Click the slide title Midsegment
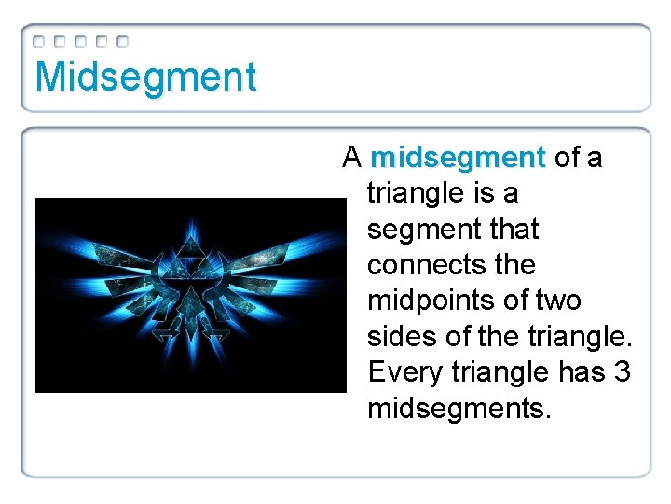coord(144,77)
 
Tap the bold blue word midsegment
coord(457,158)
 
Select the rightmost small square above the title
coord(122,42)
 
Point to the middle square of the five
coord(81,42)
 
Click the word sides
coord(403,336)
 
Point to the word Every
coord(404,372)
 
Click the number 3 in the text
coord(623,372)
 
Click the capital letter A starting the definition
coord(352,158)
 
